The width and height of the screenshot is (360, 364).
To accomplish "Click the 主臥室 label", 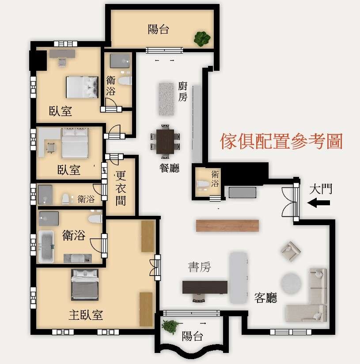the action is pyautogui.click(x=86, y=315).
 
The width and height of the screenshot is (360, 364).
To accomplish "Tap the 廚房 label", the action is pyautogui.click(x=182, y=92).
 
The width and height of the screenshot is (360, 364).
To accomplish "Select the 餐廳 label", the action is pyautogui.click(x=170, y=168).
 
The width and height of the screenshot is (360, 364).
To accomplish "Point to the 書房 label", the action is pyautogui.click(x=199, y=267).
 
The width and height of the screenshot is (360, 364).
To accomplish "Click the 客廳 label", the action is pyautogui.click(x=265, y=298).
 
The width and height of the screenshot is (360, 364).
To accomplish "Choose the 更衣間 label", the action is pyautogui.click(x=121, y=188).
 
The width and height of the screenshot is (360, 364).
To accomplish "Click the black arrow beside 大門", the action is pyautogui.click(x=318, y=203).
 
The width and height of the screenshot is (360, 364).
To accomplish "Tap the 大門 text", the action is pyautogui.click(x=321, y=189).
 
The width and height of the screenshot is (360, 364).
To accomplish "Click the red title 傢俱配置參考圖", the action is pyautogui.click(x=281, y=142).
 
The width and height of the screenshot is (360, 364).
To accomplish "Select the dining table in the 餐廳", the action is pyautogui.click(x=165, y=142).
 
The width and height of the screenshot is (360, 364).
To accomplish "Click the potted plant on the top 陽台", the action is pyautogui.click(x=202, y=38).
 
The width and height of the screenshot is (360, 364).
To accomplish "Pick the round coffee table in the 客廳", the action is pyautogui.click(x=291, y=284).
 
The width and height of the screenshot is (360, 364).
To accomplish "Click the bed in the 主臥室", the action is pyautogui.click(x=85, y=284).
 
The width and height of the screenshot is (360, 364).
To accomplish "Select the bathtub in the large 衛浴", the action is pyautogui.click(x=46, y=246).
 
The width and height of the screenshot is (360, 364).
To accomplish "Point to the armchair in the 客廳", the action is pyautogui.click(x=291, y=251).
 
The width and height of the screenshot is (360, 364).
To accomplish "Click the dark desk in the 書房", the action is pyautogui.click(x=205, y=287).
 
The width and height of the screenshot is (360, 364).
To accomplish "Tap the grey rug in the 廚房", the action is pyautogui.click(x=166, y=99).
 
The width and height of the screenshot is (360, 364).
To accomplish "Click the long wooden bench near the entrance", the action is pyautogui.click(x=227, y=226).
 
